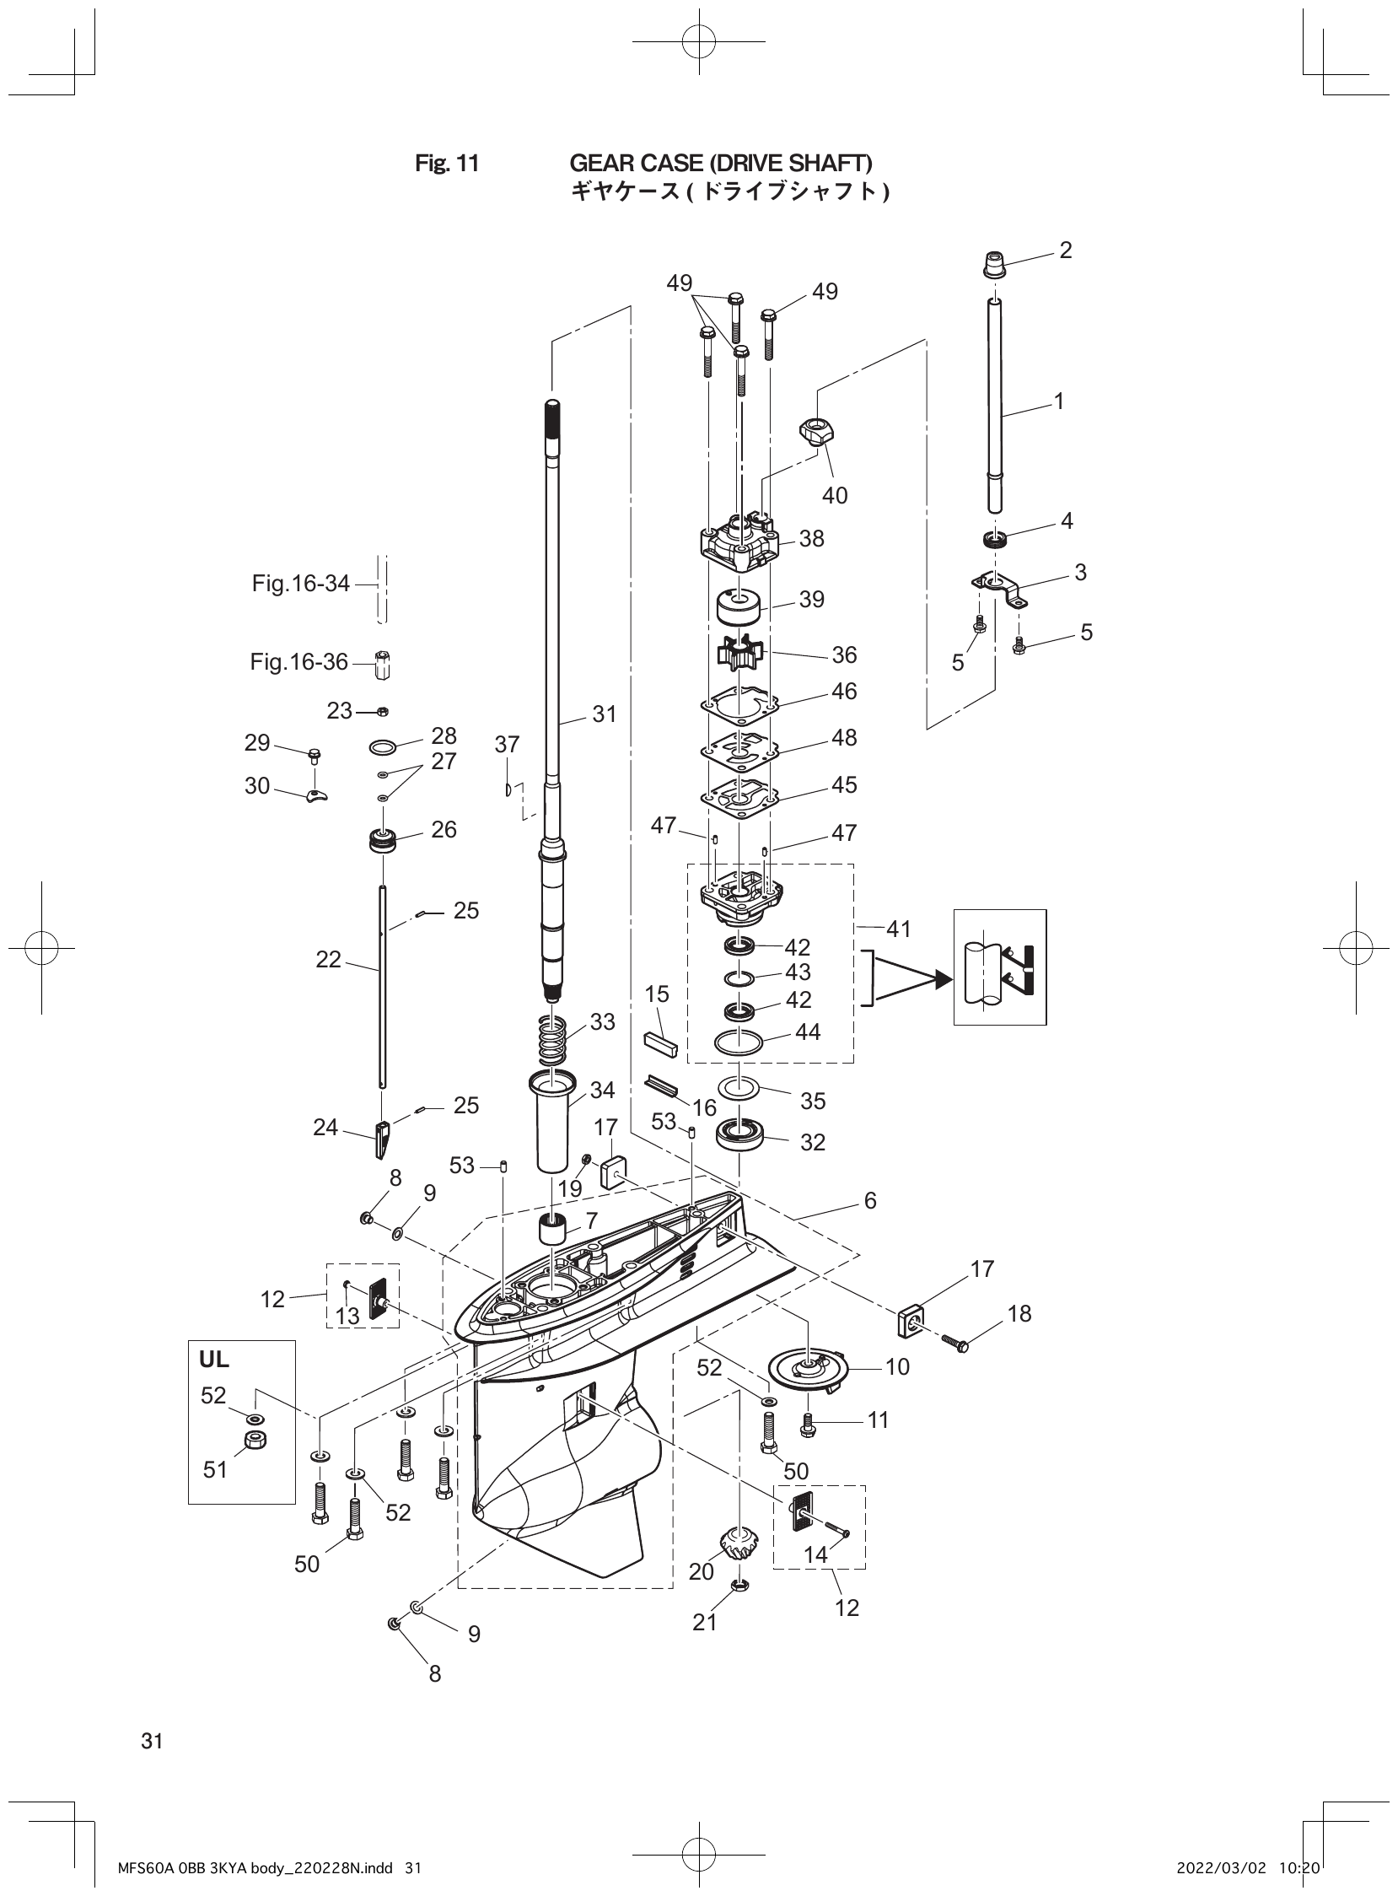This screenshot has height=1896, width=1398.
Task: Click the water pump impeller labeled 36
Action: pos(738,654)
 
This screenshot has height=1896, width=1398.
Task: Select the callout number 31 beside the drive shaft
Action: pos(605,714)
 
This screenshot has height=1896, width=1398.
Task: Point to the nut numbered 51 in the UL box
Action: pos(251,1440)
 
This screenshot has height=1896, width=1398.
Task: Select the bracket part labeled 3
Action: pos(999,586)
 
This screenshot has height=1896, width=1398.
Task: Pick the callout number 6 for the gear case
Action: pos(870,1200)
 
